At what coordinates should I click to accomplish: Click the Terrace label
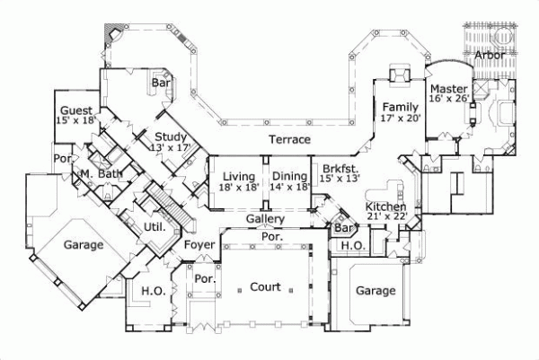coord(290,140)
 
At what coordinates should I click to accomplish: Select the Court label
coord(266,287)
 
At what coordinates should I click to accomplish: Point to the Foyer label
coord(199,244)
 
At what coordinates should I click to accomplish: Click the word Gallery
coord(265,219)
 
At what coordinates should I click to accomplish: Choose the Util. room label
coord(155,227)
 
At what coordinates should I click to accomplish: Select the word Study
coord(170,136)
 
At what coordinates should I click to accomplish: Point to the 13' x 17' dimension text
coord(172,147)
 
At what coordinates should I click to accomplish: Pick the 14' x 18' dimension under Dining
coord(290,187)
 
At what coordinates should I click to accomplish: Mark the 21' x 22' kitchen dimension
coord(388,216)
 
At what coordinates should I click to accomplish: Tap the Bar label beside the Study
coord(161,83)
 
